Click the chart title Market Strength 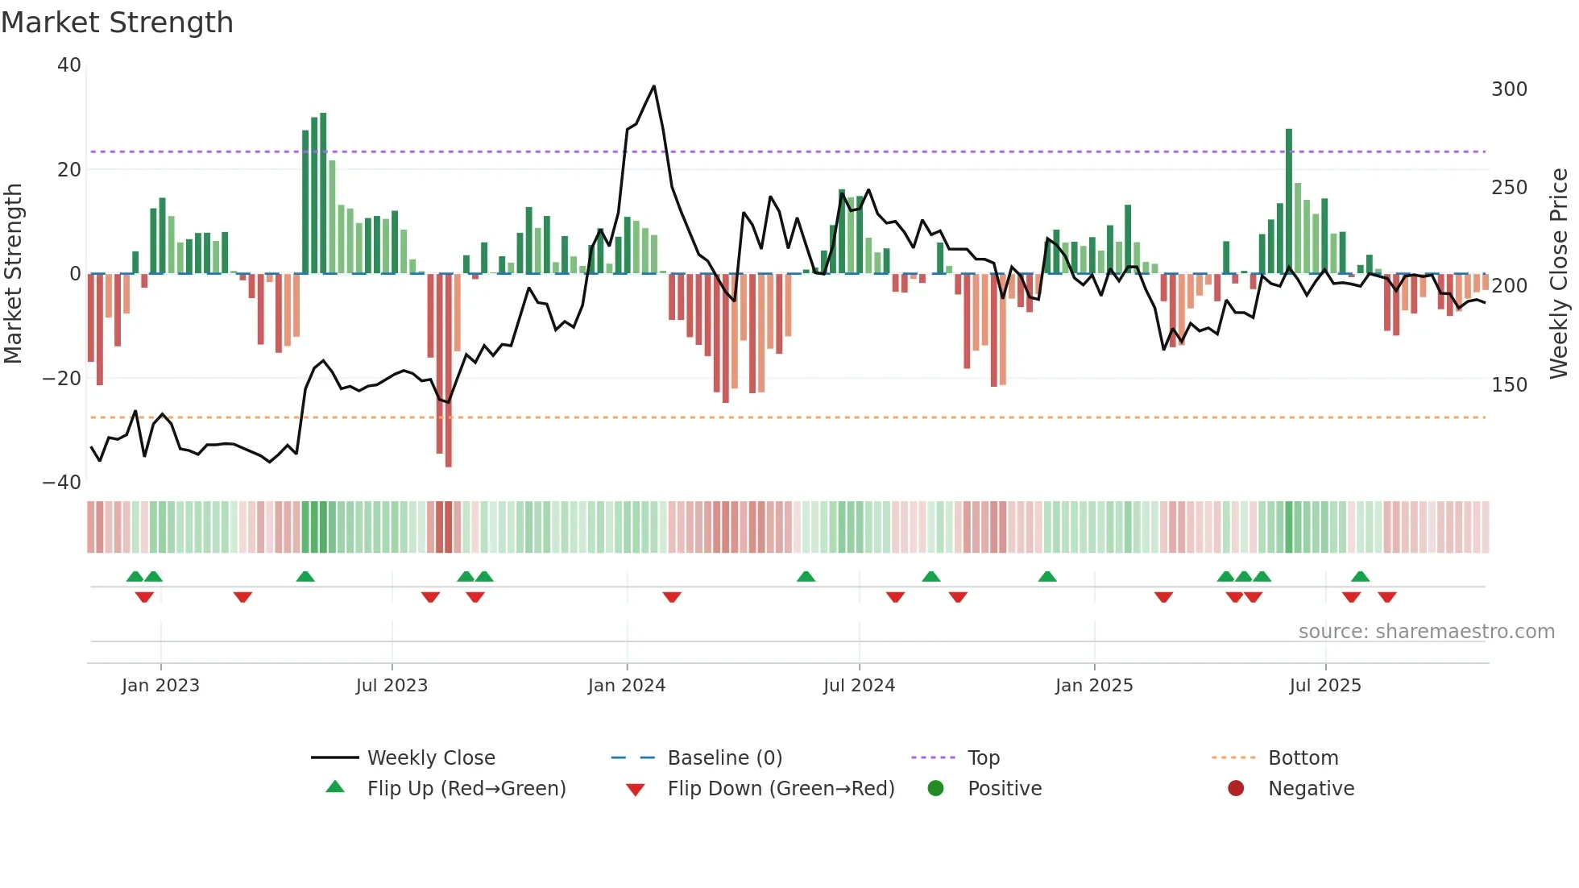point(117,23)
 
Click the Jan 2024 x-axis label point(627,686)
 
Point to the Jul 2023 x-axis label point(392,686)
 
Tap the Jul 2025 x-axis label point(1325,686)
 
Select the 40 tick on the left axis point(69,65)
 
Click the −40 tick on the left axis point(62,483)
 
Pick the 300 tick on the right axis point(1509,89)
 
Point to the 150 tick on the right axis point(1509,385)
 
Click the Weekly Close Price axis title point(1559,274)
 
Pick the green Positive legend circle point(935,789)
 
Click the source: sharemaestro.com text point(1426,632)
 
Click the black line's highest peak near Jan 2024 point(654,86)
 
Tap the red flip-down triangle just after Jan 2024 point(672,597)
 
